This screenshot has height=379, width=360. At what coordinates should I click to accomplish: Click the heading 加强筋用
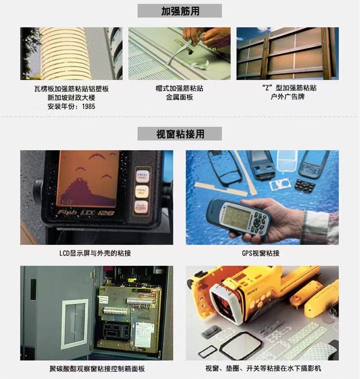180,11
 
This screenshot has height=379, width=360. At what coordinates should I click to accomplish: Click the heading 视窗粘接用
180,134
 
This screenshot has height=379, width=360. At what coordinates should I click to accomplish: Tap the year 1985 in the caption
88,106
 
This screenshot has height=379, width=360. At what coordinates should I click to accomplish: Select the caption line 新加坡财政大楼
71,98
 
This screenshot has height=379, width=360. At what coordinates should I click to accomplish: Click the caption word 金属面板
179,97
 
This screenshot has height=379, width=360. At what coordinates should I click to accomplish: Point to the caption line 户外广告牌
287,97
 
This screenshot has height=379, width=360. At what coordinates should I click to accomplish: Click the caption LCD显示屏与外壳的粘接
95,253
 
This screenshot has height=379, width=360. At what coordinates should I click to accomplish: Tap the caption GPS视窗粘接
261,253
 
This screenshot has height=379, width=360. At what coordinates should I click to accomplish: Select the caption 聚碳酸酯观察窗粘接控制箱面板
97,369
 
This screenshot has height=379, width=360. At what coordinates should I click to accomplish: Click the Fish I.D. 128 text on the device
86,213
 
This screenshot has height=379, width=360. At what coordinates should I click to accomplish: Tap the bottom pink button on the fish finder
141,207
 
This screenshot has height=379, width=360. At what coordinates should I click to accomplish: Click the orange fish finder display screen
88,179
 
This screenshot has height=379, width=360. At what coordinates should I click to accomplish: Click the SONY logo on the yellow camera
252,291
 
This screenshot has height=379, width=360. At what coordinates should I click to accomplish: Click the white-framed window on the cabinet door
75,324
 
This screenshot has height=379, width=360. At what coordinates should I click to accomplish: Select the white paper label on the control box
144,335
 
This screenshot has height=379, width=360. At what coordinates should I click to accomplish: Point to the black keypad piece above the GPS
305,185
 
